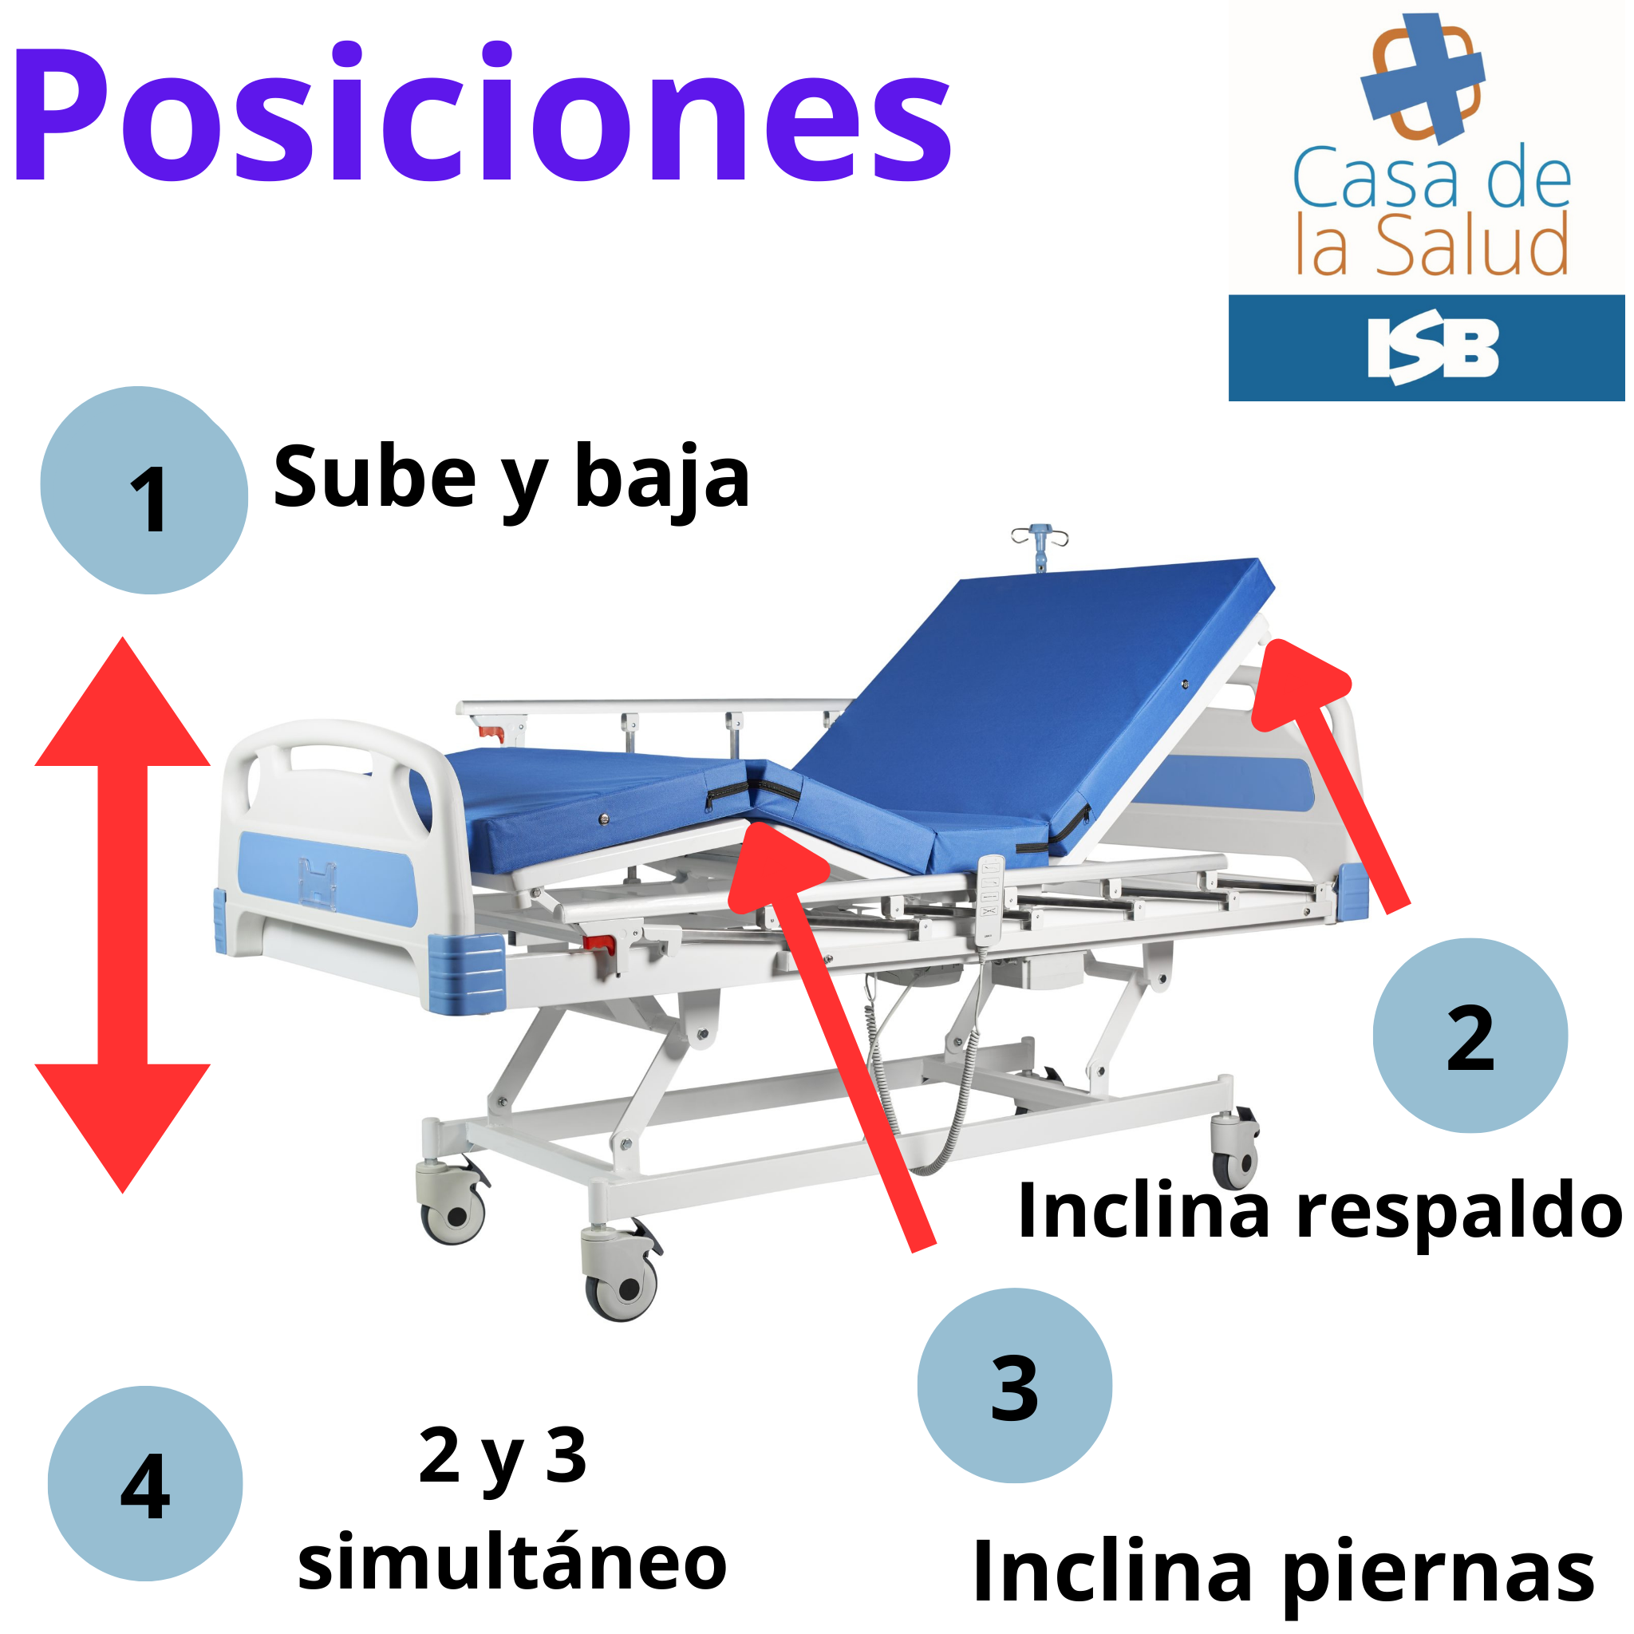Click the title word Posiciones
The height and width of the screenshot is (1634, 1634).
click(482, 112)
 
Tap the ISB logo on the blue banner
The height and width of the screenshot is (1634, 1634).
click(1433, 348)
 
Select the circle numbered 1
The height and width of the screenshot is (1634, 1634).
click(144, 491)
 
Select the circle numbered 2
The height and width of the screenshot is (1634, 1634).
click(1470, 1035)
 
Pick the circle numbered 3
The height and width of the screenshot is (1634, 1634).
click(1014, 1385)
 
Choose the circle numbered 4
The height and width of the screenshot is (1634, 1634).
click(144, 1483)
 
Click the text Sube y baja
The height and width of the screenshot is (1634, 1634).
click(511, 479)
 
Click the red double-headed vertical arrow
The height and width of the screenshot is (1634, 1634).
click(123, 915)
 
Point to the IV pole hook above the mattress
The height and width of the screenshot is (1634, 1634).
click(1040, 545)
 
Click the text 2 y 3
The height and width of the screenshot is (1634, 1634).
click(503, 1456)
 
